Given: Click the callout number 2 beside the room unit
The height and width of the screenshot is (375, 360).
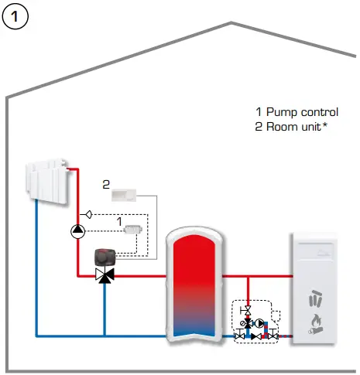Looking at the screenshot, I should [x=107, y=184].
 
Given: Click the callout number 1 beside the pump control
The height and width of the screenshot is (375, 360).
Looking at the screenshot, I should [x=119, y=221].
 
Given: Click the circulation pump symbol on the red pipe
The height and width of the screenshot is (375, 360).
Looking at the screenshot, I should [x=77, y=230].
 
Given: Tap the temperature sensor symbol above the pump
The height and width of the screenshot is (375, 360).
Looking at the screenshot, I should [x=89, y=213].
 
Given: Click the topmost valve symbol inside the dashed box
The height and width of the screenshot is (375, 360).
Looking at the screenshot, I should [x=246, y=312].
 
